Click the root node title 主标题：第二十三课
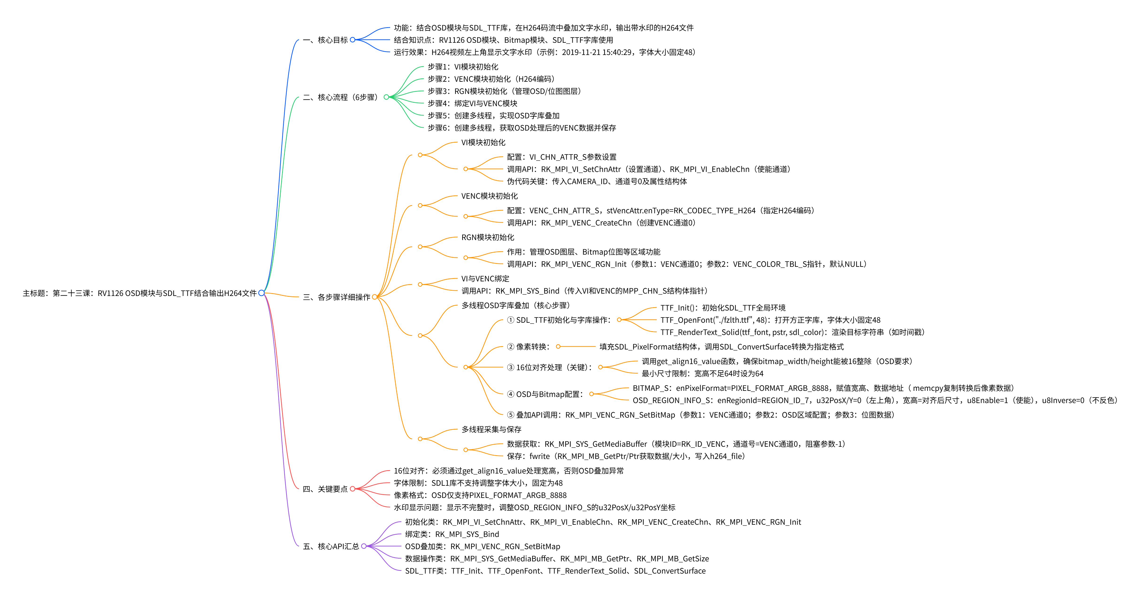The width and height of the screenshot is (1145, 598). [x=140, y=293]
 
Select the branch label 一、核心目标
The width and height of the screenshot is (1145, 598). [x=325, y=40]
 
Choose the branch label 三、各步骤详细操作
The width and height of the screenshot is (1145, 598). [x=336, y=297]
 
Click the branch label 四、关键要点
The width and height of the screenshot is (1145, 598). [x=325, y=489]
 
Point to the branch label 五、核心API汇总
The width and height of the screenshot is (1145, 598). [x=331, y=546]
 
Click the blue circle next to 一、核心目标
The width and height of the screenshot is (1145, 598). [x=353, y=40]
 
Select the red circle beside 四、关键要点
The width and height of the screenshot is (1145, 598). [x=353, y=489]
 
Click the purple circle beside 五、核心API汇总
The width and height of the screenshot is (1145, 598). [x=364, y=546]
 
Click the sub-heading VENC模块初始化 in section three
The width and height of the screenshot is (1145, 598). [x=489, y=196]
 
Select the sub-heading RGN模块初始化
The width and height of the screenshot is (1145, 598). [x=488, y=237]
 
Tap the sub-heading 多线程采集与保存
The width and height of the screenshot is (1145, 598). [x=491, y=430]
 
